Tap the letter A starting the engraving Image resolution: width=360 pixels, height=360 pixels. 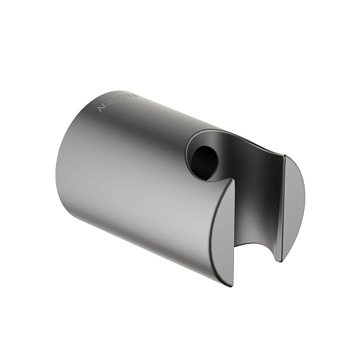(x=99, y=109)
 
